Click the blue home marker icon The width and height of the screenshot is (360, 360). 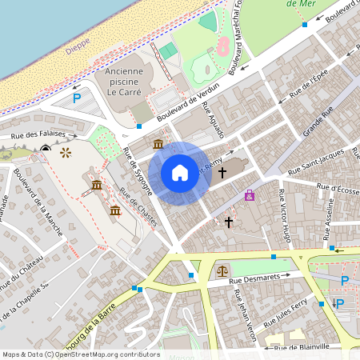[x=180, y=173]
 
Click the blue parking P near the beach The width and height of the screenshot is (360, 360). [x=77, y=98]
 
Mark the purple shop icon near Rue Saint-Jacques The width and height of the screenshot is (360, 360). [x=250, y=194]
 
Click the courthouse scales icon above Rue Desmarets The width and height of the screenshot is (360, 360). [x=222, y=270]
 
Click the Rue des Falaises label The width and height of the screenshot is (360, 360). [x=25, y=137]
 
